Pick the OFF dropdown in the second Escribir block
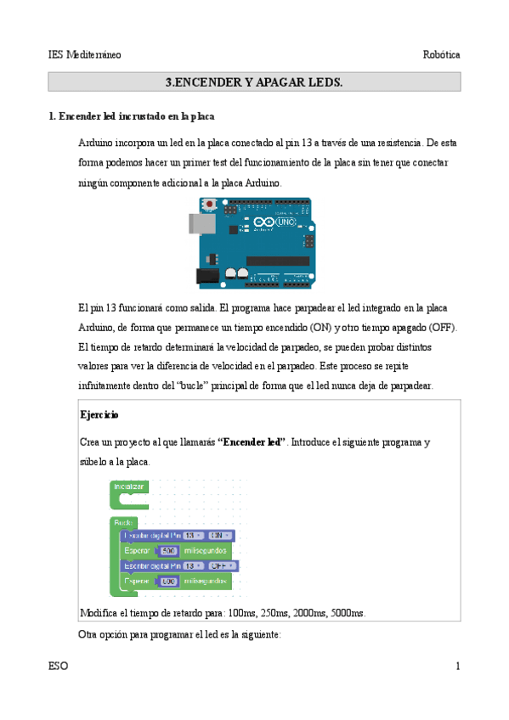point(223,565)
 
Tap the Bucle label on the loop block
point(124,521)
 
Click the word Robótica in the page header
point(441,54)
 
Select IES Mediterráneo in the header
point(85,54)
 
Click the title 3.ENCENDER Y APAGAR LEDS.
point(254,82)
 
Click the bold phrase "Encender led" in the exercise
point(252,443)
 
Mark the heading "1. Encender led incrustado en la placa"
point(136,116)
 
